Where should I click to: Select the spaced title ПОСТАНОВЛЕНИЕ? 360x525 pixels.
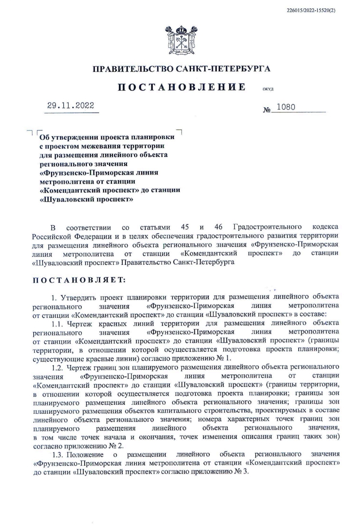(x=182, y=88)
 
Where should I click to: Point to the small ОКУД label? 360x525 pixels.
(x=268, y=89)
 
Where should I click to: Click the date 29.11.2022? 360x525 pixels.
(x=71, y=106)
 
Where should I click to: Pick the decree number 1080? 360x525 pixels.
(x=286, y=107)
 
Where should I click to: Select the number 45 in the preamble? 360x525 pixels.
(x=185, y=227)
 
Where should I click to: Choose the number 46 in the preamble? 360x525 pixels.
(x=218, y=227)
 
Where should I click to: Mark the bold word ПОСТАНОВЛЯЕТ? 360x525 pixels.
(x=79, y=280)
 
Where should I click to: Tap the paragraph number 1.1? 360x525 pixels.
(x=58, y=323)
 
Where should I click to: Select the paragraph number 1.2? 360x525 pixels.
(x=58, y=367)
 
